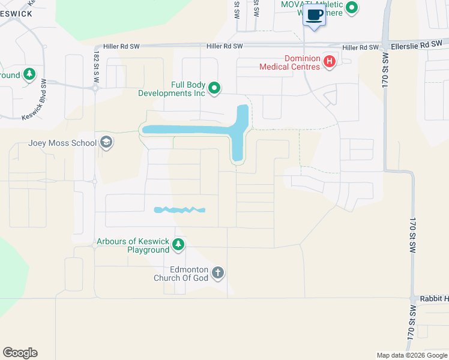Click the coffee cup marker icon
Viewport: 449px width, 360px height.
pyautogui.click(x=314, y=16)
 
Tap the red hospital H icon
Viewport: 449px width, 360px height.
pyautogui.click(x=329, y=61)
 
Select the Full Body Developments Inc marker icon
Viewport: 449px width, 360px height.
pyautogui.click(x=214, y=89)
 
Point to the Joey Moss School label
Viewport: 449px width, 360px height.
pyautogui.click(x=62, y=143)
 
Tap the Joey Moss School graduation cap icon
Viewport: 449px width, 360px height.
pyautogui.click(x=106, y=143)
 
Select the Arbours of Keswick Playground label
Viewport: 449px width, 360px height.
pyautogui.click(x=133, y=246)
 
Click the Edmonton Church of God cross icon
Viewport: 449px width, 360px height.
pyautogui.click(x=217, y=274)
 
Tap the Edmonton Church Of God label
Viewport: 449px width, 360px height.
pyautogui.click(x=181, y=274)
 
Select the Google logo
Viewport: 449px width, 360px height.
pyautogui.click(x=20, y=353)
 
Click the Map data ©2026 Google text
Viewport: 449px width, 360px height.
pyautogui.click(x=411, y=355)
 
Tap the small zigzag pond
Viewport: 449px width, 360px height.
pyautogui.click(x=179, y=210)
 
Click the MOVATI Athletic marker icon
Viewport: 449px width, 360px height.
pyautogui.click(x=352, y=8)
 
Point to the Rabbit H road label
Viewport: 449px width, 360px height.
pyautogui.click(x=435, y=298)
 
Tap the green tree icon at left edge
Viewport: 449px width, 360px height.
pyautogui.click(x=29, y=75)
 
